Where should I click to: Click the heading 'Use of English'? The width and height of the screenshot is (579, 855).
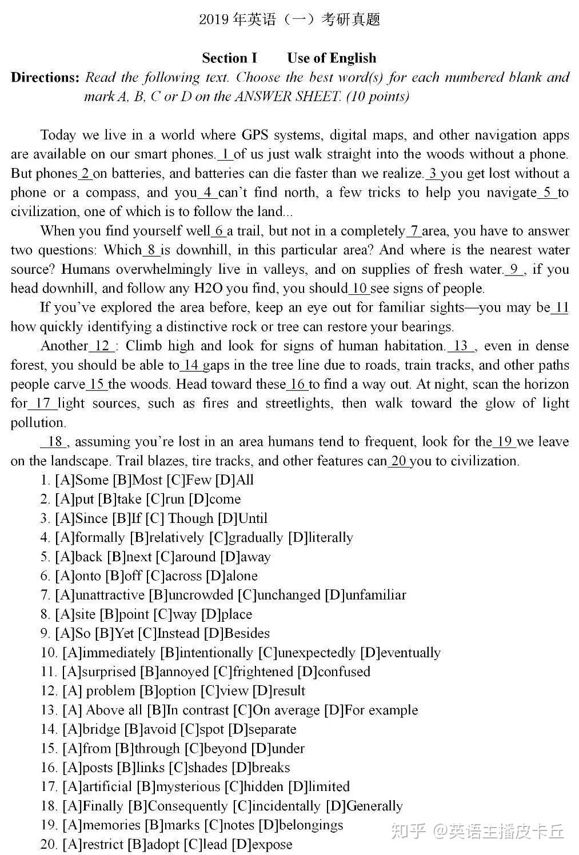tap(332, 58)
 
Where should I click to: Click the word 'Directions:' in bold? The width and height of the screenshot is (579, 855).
tap(45, 78)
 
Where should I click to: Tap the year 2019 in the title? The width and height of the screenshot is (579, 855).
tap(214, 20)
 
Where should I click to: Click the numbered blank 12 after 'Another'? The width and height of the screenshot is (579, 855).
tap(102, 346)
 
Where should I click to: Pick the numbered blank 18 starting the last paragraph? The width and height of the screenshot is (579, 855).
tap(54, 442)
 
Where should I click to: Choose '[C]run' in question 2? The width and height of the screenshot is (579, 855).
tap(165, 500)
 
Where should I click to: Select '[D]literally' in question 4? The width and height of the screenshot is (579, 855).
tap(321, 538)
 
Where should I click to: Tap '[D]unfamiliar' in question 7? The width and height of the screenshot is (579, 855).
tap(365, 595)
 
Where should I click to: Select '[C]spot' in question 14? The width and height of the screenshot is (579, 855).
tap(202, 729)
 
